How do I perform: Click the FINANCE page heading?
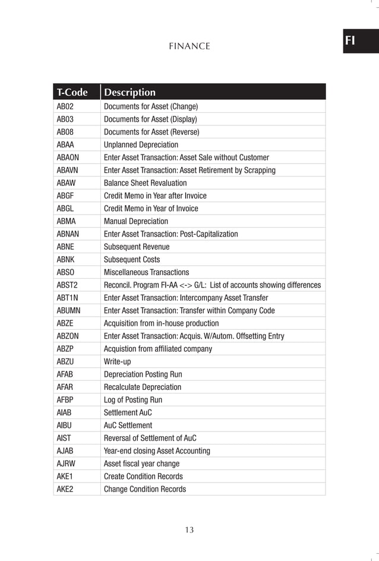click(x=189, y=46)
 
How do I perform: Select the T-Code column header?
click(x=72, y=92)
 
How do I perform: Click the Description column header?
click(x=130, y=92)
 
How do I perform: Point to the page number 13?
click(x=189, y=530)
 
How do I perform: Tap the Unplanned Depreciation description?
click(x=141, y=144)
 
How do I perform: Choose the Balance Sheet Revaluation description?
click(x=145, y=183)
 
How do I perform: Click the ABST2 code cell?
click(x=67, y=285)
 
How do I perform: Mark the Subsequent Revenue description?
click(x=137, y=247)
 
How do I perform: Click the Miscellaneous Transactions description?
click(x=146, y=272)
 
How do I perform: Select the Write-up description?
click(x=117, y=361)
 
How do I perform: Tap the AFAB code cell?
click(x=65, y=374)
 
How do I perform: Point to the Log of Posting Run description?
click(x=133, y=400)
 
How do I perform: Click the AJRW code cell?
click(x=65, y=464)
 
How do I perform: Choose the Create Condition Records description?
click(x=143, y=477)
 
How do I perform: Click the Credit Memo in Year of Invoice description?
click(x=151, y=209)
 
